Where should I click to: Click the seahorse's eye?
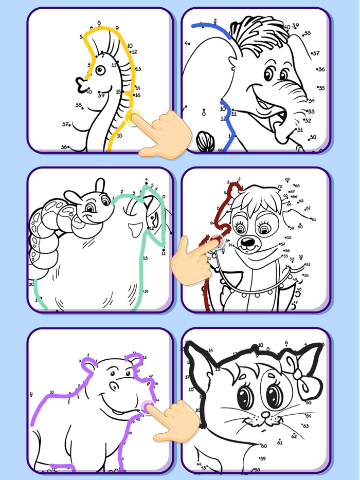point(100,69)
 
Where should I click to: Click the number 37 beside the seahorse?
point(65,124)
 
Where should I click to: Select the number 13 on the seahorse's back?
point(138,69)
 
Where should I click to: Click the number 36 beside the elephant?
point(321,69)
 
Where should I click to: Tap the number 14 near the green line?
point(146,291)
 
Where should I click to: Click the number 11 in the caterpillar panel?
point(164,253)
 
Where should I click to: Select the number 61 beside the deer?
point(314,219)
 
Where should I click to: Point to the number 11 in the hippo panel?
point(31,395)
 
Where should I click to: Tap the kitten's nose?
point(265,414)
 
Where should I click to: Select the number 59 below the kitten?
point(262,458)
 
